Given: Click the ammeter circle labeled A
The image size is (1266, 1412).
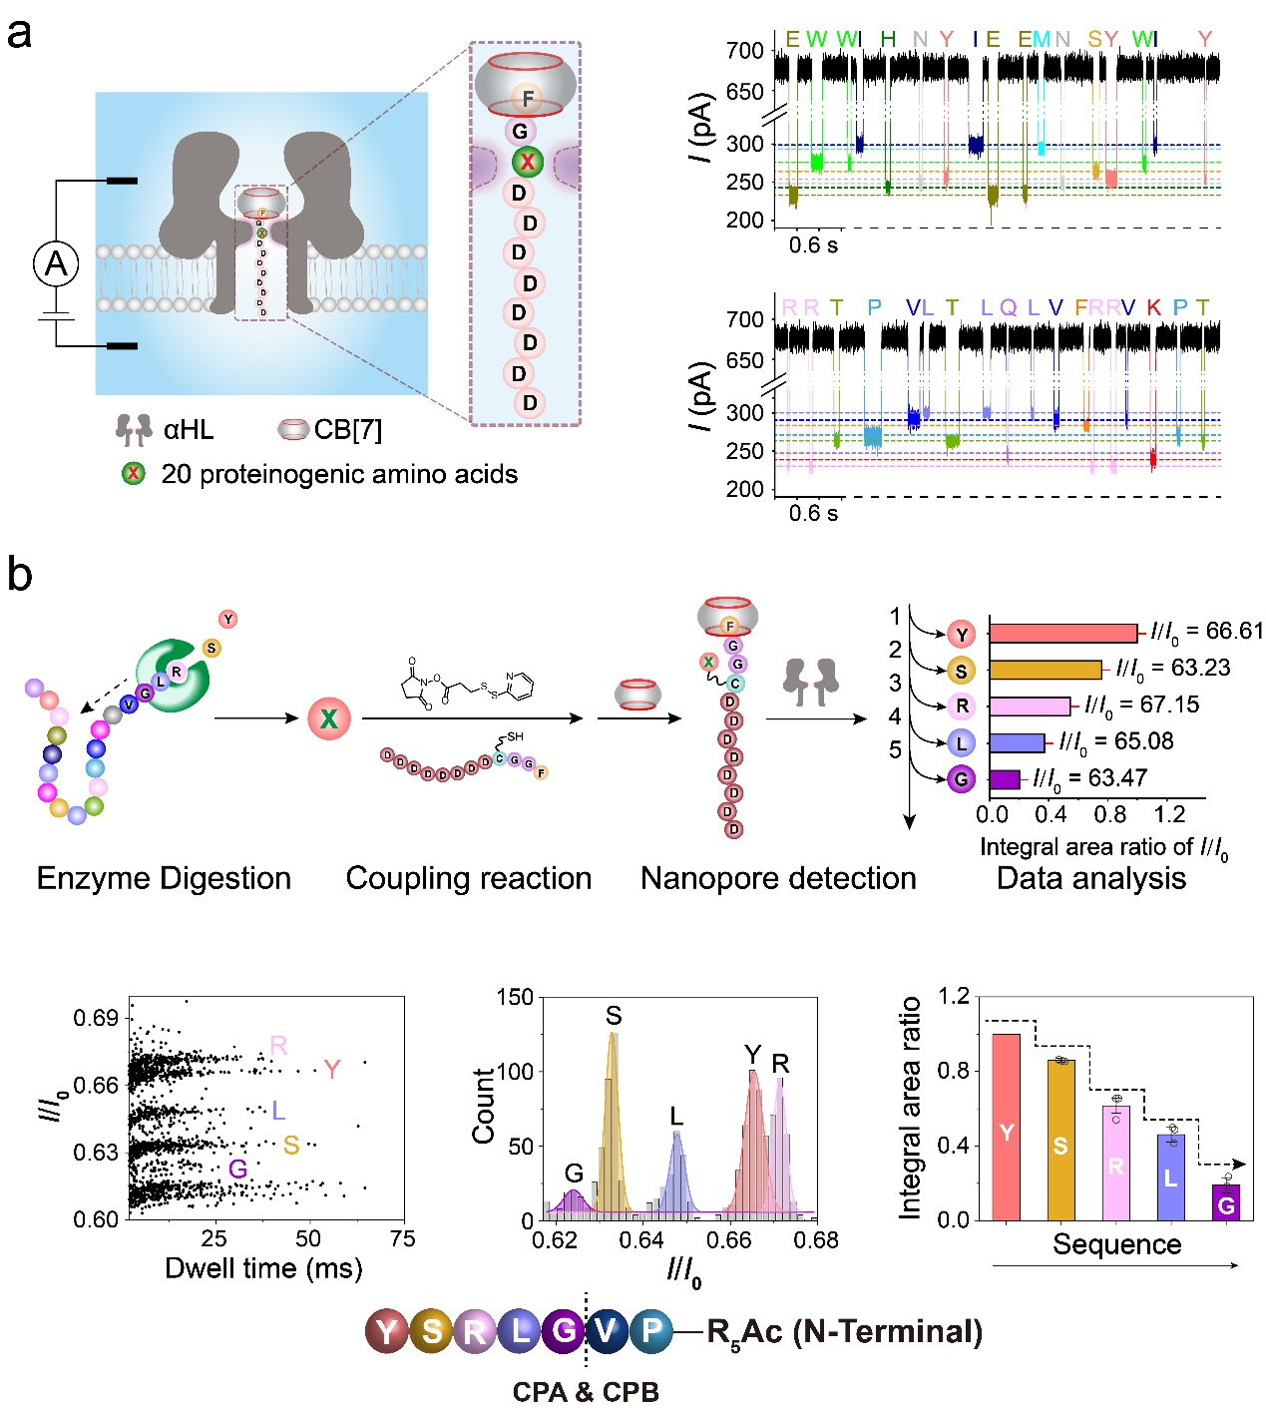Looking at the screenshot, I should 56,263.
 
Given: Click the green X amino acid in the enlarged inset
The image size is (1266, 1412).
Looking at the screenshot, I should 527,162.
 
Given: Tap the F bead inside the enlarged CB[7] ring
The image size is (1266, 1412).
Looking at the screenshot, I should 527,98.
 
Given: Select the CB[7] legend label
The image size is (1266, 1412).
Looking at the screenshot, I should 347,430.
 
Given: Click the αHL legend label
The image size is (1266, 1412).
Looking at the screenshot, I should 189,430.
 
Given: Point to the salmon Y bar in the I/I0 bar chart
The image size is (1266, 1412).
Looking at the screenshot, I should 1062,634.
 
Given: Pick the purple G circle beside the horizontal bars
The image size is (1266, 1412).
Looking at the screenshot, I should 961,779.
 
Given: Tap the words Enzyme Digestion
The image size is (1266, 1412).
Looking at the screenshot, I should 164,878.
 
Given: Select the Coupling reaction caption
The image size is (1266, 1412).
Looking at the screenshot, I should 468,878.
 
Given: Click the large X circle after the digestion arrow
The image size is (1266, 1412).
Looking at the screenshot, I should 328,717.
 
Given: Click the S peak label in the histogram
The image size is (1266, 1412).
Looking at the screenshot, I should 613,1016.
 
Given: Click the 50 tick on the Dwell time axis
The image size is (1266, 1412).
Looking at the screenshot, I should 308,1238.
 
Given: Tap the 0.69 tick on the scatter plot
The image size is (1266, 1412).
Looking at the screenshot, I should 96,1018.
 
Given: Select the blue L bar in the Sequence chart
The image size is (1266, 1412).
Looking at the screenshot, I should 1170,1177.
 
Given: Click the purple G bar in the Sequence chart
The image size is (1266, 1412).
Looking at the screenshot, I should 1226,1202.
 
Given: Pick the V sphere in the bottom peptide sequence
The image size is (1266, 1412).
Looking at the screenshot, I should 607,1331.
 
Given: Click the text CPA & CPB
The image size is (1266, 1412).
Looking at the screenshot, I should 586,1392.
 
